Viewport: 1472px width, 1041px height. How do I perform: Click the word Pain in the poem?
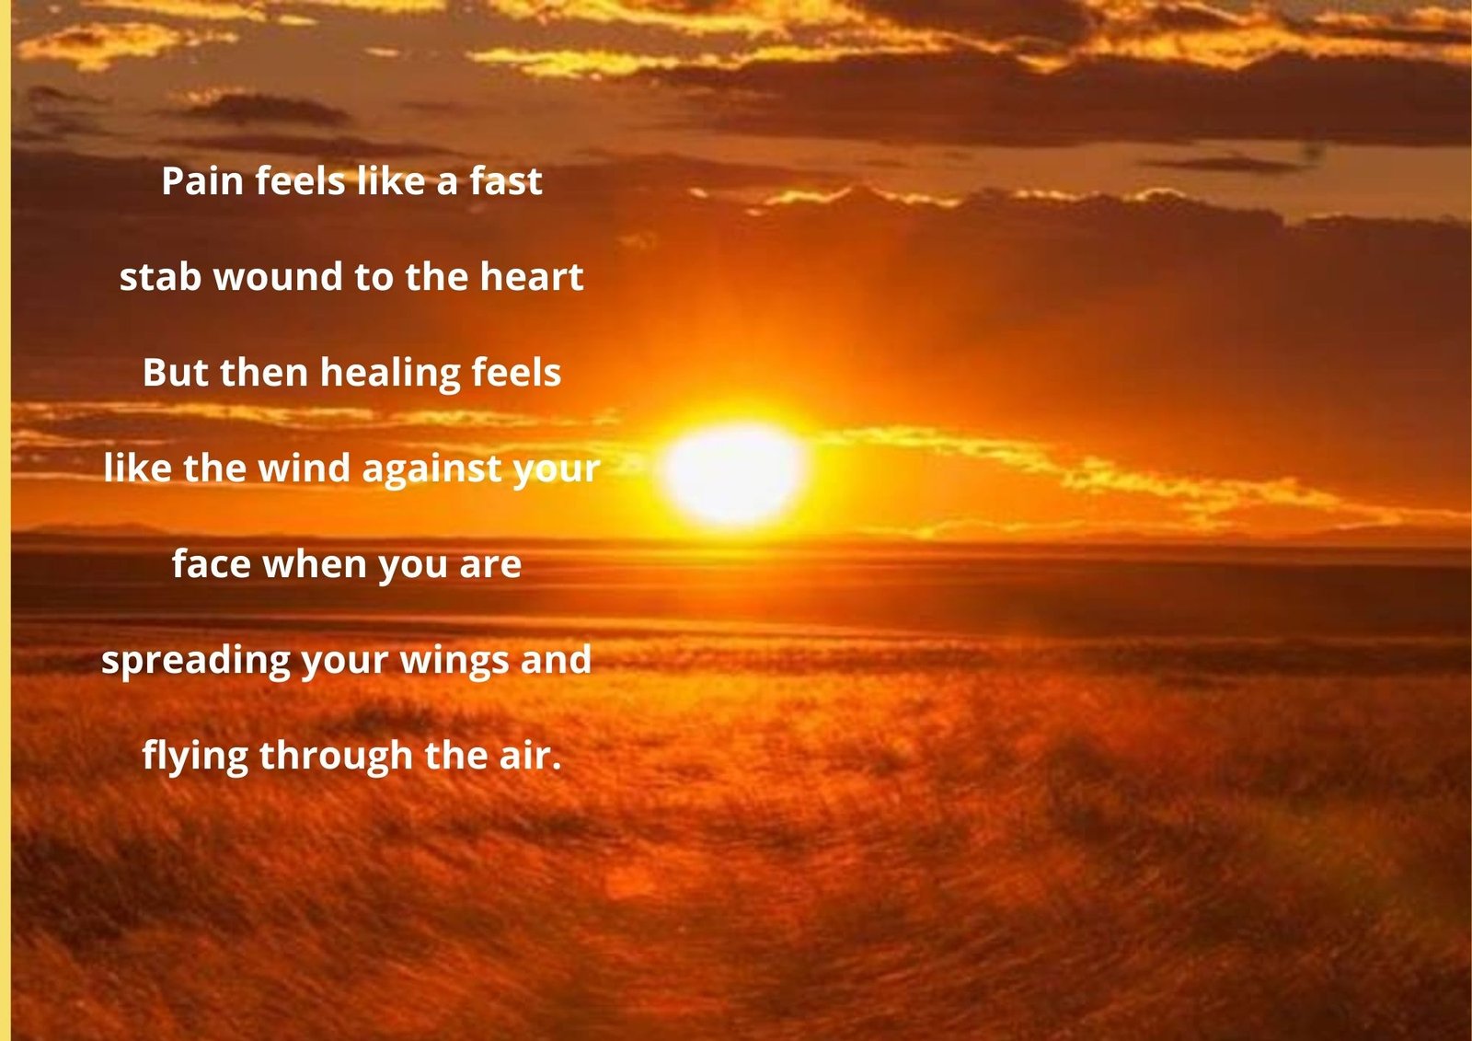pos(202,180)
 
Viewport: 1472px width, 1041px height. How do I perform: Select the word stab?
pos(160,276)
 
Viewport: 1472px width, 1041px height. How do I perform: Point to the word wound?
pos(278,276)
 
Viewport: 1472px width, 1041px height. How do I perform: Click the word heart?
pos(531,276)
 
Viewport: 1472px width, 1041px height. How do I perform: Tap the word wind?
pos(304,468)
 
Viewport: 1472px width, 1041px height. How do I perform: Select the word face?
pos(211,564)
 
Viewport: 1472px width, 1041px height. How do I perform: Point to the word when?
pos(314,564)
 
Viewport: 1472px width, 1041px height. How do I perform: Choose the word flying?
pos(195,757)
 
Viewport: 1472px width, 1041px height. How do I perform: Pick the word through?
pos(337,757)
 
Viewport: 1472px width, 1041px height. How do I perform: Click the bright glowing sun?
pos(735,473)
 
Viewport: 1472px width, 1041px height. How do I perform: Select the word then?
pos(264,373)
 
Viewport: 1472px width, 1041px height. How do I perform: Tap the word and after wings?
pos(556,660)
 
